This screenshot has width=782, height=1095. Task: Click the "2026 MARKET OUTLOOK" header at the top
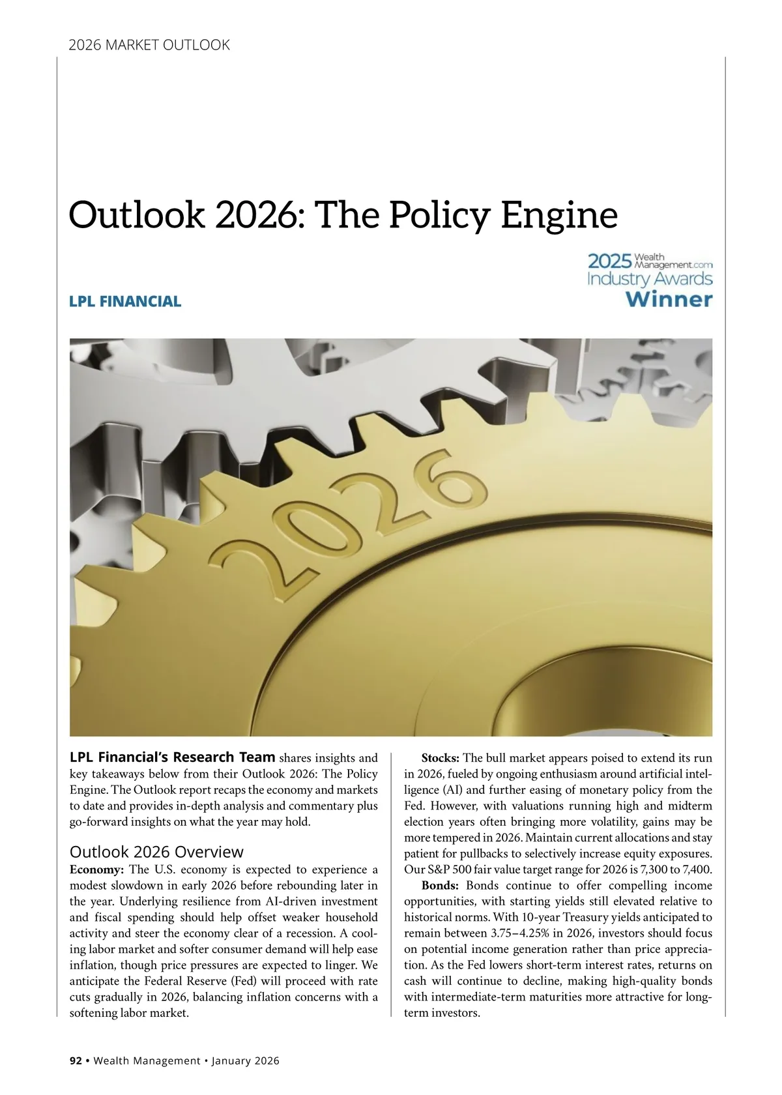[x=149, y=45]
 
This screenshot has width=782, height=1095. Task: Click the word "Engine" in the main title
[x=558, y=215]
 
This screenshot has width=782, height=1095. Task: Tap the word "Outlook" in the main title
[x=136, y=215]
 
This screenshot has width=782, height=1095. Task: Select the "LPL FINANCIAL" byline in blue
[x=125, y=301]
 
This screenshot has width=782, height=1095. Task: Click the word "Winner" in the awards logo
[x=669, y=300]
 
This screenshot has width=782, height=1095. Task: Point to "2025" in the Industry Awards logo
[x=609, y=261]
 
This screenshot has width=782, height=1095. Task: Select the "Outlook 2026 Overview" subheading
[x=156, y=852]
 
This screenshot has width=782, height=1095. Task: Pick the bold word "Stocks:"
[x=441, y=758]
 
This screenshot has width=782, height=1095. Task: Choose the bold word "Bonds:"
[x=441, y=885]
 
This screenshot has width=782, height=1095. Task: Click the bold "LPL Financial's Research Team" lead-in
[x=172, y=757]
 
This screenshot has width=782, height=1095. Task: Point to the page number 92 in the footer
[x=76, y=1060]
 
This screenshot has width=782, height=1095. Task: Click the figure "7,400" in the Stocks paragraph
[x=697, y=869]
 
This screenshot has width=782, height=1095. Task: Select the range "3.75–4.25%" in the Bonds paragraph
[x=523, y=933]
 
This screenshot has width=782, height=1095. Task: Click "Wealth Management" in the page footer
[x=147, y=1060]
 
